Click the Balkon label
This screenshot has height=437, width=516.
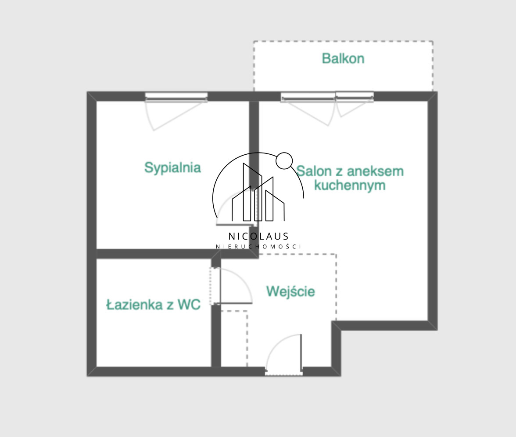click(x=343, y=59)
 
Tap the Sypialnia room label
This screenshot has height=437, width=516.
click(x=172, y=168)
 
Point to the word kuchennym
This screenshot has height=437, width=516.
click(x=350, y=186)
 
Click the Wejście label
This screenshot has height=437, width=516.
click(x=290, y=291)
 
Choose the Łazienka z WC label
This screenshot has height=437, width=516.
click(x=154, y=305)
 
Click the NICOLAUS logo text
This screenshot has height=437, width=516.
click(x=258, y=236)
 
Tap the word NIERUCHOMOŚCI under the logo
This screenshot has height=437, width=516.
click(x=258, y=246)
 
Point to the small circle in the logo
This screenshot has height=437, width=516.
click(x=284, y=160)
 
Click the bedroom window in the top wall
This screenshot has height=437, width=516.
click(x=176, y=97)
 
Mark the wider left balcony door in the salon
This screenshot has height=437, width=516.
click(x=308, y=97)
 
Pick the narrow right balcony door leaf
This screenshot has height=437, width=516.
click(x=355, y=97)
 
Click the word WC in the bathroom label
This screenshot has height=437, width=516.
click(x=189, y=305)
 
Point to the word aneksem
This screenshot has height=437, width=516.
click(x=375, y=171)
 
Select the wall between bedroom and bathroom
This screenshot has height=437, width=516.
click(x=154, y=254)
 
